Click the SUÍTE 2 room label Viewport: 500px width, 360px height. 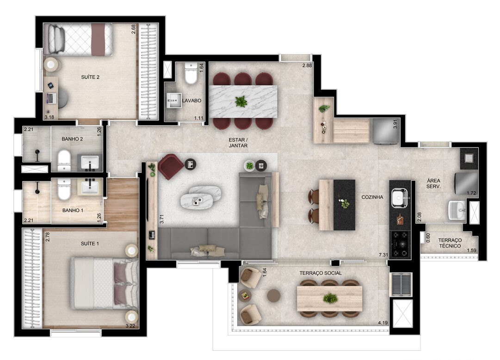(90, 77)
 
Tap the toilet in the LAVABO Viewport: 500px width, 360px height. (191, 73)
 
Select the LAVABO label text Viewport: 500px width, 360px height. (191, 100)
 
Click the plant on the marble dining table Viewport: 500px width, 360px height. (241, 102)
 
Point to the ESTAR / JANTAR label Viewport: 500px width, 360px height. (238, 143)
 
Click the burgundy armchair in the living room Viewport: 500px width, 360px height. (170, 166)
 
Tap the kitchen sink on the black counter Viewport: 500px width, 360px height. (399, 197)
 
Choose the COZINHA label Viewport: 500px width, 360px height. (372, 197)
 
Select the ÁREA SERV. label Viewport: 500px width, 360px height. (433, 183)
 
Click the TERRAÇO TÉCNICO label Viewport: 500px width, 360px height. (450, 243)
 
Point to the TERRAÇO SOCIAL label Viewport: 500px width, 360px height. (321, 273)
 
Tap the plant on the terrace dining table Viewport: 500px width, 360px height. (330, 299)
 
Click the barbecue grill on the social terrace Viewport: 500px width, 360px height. (401, 285)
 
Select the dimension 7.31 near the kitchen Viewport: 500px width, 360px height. (383, 255)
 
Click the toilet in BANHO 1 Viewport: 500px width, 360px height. (64, 189)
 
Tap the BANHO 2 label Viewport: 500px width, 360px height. (72, 139)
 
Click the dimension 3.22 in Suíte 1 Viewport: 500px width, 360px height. (130, 326)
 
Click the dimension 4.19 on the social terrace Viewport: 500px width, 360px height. (383, 323)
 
